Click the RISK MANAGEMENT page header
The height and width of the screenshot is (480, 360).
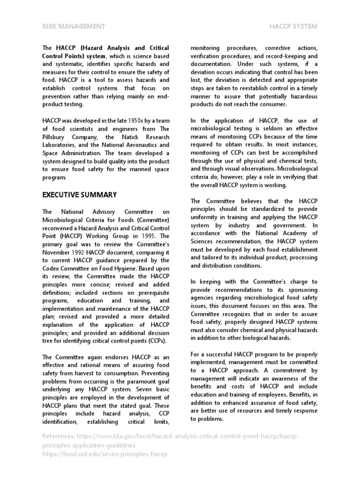click(74, 27)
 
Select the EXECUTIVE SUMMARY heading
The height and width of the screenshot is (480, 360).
click(80, 195)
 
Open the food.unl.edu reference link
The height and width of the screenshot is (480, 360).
click(105, 454)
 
